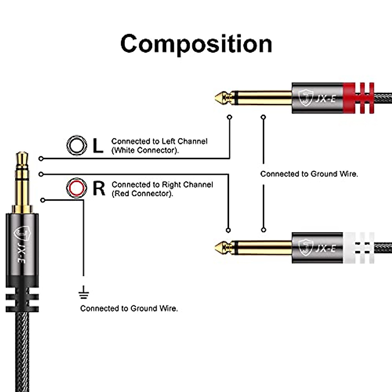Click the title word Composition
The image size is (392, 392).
pyautogui.click(x=196, y=44)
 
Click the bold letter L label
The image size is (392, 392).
pyautogui.click(x=98, y=146)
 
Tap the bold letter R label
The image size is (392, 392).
pyautogui.click(x=99, y=188)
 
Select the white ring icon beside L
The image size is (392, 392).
pyautogui.click(x=77, y=145)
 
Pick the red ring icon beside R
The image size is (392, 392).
pyautogui.click(x=76, y=188)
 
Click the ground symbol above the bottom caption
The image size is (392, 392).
pyautogui.click(x=84, y=292)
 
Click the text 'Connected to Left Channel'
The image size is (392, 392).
pyautogui.click(x=159, y=141)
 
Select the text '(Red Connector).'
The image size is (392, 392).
pyautogui.click(x=142, y=194)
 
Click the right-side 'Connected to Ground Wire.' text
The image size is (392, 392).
pyautogui.click(x=309, y=174)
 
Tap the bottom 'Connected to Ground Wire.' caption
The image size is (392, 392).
pyautogui.click(x=129, y=308)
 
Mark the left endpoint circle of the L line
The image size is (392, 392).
pyautogui.click(x=41, y=159)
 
